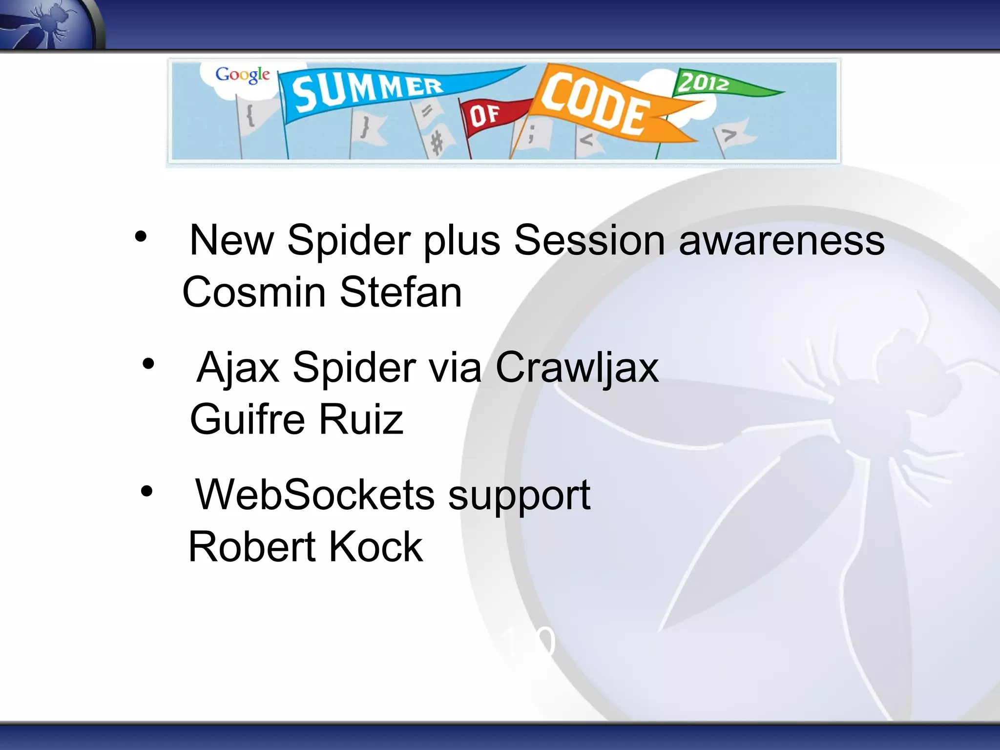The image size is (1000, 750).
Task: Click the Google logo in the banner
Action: pyautogui.click(x=242, y=75)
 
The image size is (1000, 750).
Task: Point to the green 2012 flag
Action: pyautogui.click(x=708, y=83)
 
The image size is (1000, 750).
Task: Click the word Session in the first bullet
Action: pyautogui.click(x=589, y=240)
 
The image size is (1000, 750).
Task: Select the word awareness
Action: pyautogui.click(x=781, y=240)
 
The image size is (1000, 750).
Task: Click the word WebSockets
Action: pyautogui.click(x=315, y=495)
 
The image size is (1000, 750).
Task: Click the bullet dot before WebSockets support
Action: pyautogui.click(x=146, y=491)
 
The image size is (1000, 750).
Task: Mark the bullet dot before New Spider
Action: pyautogui.click(x=141, y=237)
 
